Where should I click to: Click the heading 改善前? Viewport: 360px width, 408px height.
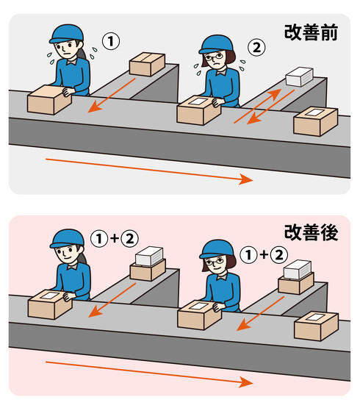point(310,33)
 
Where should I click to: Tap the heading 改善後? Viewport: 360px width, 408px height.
point(310,235)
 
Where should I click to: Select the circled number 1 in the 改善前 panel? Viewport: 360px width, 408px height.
point(109,42)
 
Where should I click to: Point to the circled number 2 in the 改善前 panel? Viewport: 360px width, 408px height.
point(255,49)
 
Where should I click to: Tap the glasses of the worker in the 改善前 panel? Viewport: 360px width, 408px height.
point(211,57)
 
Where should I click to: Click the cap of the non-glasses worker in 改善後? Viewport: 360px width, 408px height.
point(67,237)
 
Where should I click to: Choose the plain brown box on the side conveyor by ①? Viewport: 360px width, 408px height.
point(146,64)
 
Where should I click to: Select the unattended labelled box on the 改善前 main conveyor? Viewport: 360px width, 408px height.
point(315,120)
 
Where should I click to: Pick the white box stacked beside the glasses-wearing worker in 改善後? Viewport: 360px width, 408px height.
point(298,269)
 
